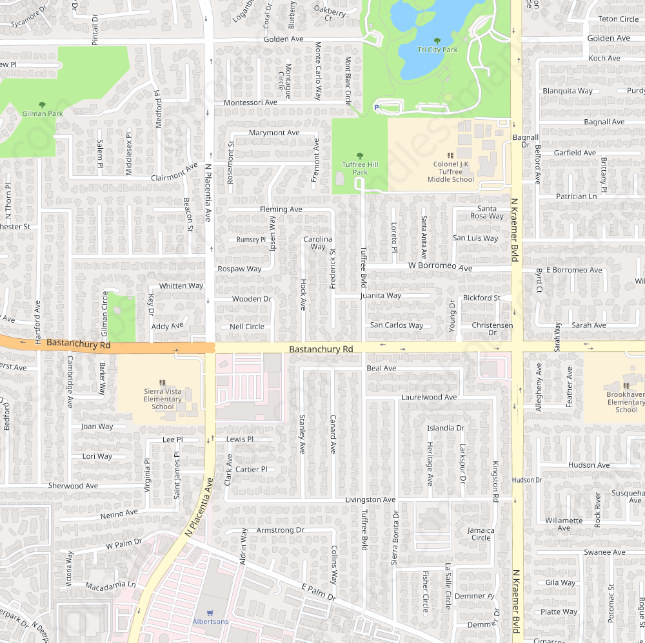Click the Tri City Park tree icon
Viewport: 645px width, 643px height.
click(437, 41)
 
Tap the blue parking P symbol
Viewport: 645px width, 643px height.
click(377, 108)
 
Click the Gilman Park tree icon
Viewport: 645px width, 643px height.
click(43, 104)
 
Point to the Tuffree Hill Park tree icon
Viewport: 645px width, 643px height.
click(360, 156)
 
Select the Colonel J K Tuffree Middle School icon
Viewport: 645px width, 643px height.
click(450, 155)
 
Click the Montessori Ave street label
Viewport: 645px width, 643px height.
click(250, 102)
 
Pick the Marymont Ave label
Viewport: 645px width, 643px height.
click(274, 133)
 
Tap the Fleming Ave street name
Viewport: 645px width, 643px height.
click(281, 209)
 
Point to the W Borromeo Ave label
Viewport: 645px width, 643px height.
click(441, 267)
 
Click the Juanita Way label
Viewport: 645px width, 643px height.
click(381, 296)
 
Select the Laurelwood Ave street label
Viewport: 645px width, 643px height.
click(429, 398)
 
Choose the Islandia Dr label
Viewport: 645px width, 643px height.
click(446, 428)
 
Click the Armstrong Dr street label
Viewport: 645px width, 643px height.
click(280, 530)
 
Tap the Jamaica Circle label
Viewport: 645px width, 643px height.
click(481, 534)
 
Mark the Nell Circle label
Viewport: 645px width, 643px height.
click(247, 327)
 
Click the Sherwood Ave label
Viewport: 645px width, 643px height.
click(73, 486)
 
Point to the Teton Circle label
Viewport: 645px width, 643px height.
click(618, 19)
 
